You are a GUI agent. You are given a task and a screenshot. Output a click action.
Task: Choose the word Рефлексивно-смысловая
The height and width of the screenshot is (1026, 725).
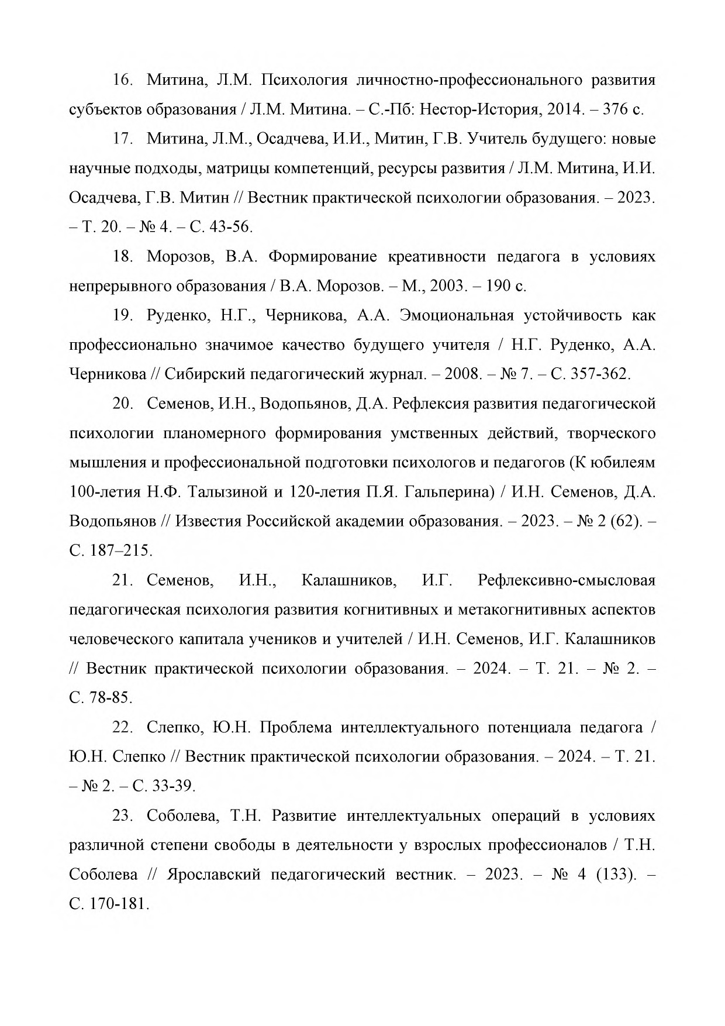click(x=566, y=581)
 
